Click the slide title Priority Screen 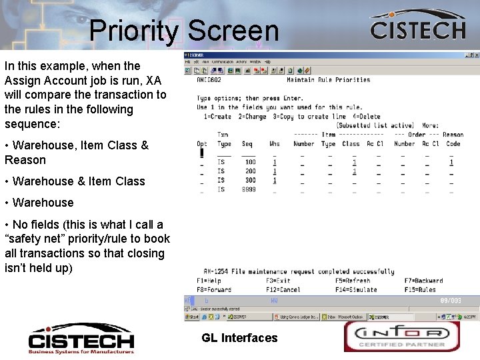click(183, 31)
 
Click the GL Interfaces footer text click(239, 338)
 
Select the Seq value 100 click(250, 162)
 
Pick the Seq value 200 click(250, 171)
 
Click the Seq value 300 click(250, 180)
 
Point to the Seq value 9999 click(249, 189)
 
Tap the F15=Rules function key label click(420, 289)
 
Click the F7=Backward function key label click(423, 281)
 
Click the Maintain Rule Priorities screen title click(328, 80)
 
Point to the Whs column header click(274, 143)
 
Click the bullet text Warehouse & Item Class click(75, 181)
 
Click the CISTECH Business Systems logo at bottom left click(81, 337)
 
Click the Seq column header click(247, 143)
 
